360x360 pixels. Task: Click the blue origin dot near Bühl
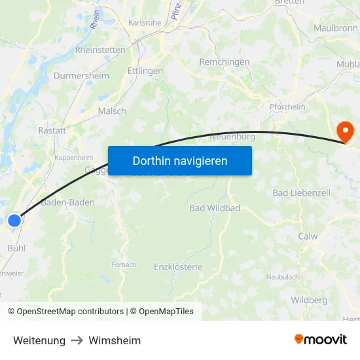click(14, 221)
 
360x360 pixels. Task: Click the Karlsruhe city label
click(145, 22)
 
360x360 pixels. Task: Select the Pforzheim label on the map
click(287, 107)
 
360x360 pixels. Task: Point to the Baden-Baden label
click(67, 202)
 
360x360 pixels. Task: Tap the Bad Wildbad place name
click(215, 208)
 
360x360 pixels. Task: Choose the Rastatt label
click(52, 130)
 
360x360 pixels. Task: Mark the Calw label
click(308, 236)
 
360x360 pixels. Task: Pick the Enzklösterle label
click(178, 266)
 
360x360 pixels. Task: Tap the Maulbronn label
click(335, 28)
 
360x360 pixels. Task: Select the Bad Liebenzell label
click(301, 193)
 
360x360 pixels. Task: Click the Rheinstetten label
click(100, 49)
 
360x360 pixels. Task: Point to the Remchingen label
click(225, 62)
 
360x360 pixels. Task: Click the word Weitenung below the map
click(39, 340)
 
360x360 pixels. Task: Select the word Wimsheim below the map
click(115, 340)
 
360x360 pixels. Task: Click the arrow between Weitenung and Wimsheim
click(77, 340)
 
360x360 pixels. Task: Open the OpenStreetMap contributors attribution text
click(70, 312)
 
